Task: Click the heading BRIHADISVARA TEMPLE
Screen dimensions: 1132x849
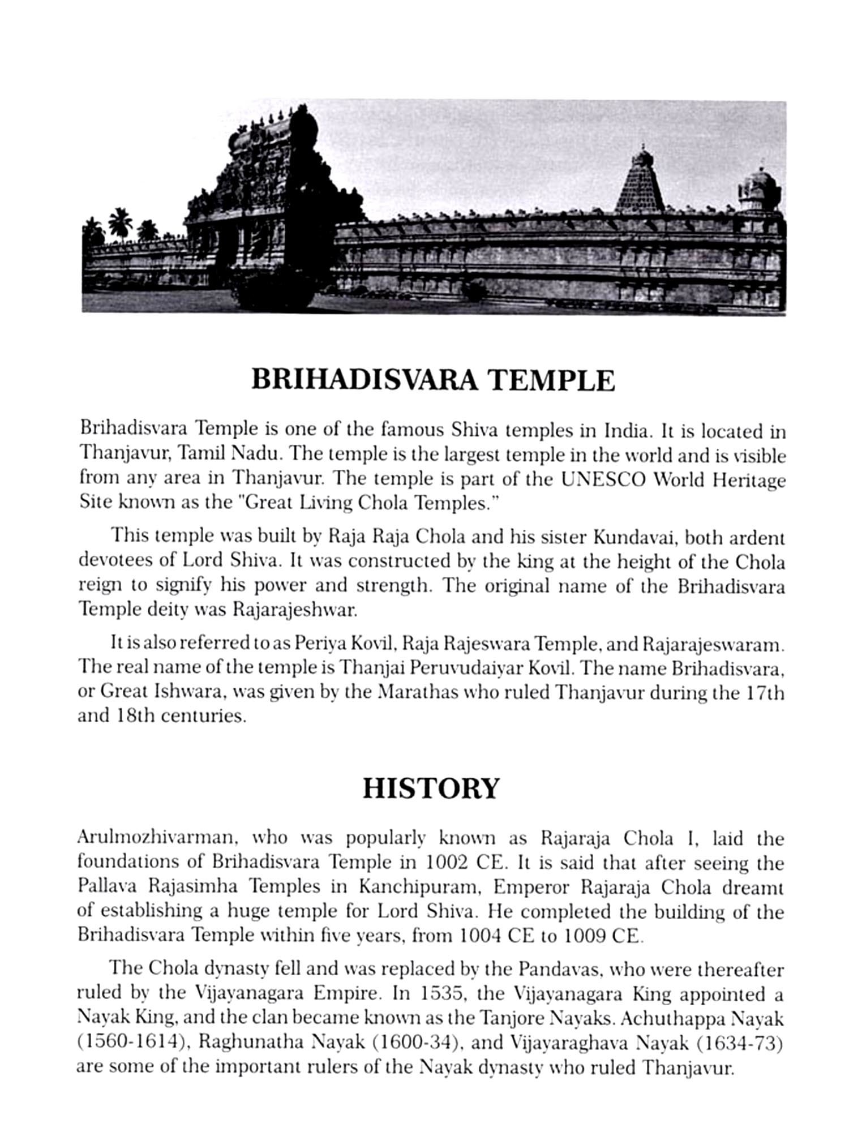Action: [432, 380]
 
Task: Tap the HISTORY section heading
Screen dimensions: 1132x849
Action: [431, 788]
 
